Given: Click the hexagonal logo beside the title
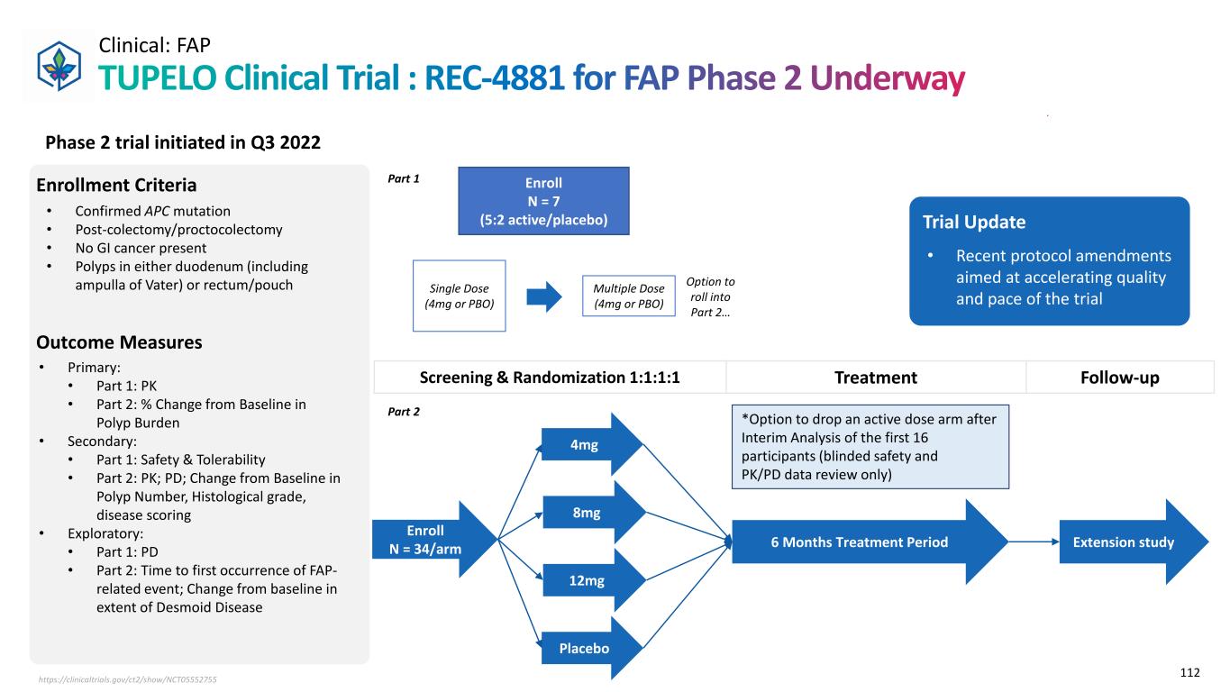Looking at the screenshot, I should point(58,64).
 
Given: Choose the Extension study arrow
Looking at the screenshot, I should point(1127,542).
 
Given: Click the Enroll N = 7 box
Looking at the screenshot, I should point(543,201).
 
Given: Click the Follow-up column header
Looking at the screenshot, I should point(1120,378).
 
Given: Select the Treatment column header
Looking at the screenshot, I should point(876,378).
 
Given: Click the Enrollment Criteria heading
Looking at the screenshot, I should point(116,186).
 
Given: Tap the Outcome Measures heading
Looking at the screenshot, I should point(119,342).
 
